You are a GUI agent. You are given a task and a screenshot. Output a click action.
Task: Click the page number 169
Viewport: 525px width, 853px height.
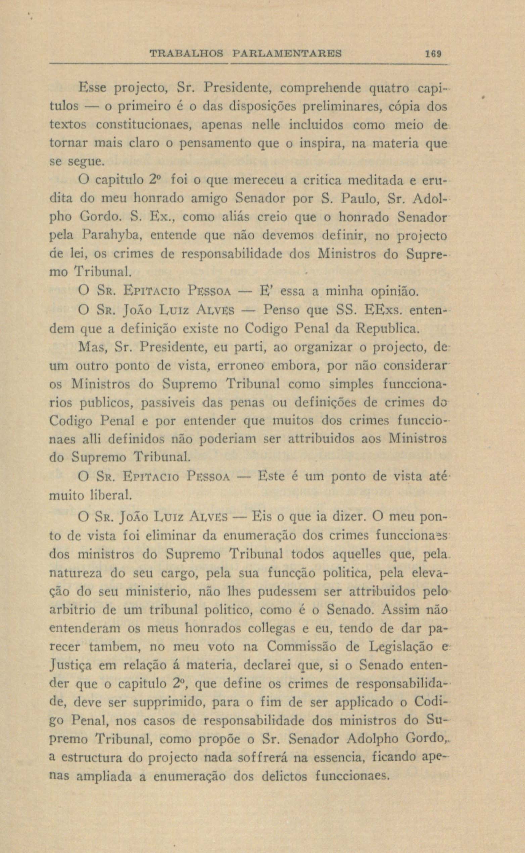[x=432, y=53]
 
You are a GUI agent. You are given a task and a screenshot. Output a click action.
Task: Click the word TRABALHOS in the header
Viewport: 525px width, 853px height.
[x=186, y=53]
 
